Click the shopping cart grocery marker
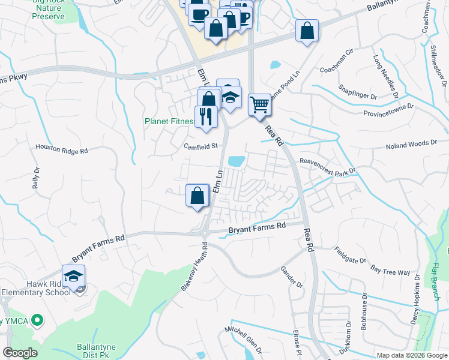[x=259, y=105]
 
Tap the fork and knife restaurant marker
[x=205, y=116]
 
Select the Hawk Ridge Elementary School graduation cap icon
[x=73, y=276]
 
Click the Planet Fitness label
[x=170, y=121]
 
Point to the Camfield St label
[x=200, y=146]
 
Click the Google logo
[x=20, y=353]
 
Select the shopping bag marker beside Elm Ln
[x=197, y=195]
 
